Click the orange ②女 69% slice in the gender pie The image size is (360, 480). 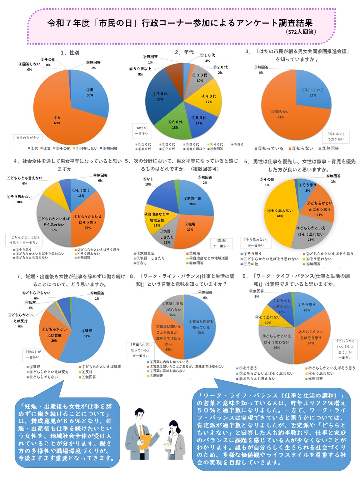point(61,114)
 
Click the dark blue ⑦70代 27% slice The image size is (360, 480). point(160,95)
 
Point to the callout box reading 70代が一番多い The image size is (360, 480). point(141,131)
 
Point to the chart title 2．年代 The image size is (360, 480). point(184,52)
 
